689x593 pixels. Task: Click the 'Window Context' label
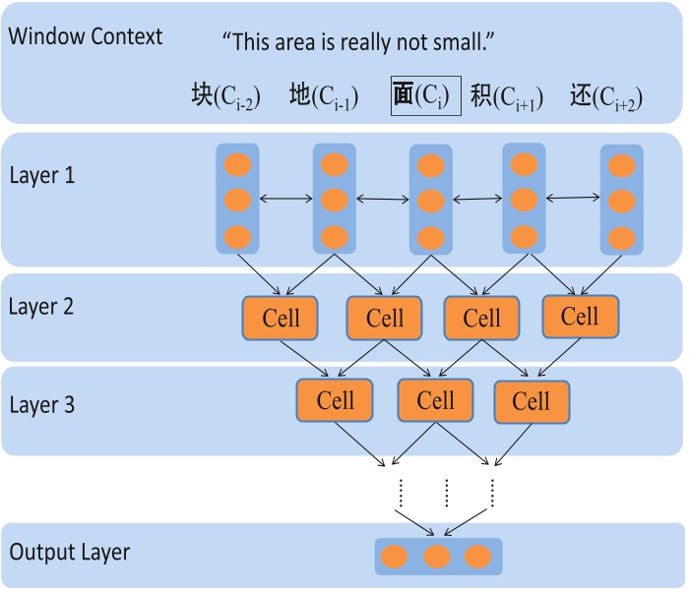coord(85,37)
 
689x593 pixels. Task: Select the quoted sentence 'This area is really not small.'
coord(357,42)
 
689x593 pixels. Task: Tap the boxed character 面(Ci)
coord(425,95)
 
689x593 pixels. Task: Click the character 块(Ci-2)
coord(225,96)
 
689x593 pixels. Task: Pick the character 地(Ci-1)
coord(324,96)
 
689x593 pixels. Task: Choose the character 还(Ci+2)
coord(606,96)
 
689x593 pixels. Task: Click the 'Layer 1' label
coord(42,176)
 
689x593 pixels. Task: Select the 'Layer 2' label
coord(42,306)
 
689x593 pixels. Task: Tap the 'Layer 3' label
coord(42,404)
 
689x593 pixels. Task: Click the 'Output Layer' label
coord(69,552)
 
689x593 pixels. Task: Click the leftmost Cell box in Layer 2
coord(282,318)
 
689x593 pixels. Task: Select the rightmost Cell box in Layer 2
coord(580,317)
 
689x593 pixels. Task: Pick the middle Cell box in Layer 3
coord(435,401)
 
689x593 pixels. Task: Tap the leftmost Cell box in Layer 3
coord(335,400)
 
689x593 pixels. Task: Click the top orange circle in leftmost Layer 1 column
coord(237,163)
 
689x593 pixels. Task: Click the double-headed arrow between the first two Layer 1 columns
coord(285,200)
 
